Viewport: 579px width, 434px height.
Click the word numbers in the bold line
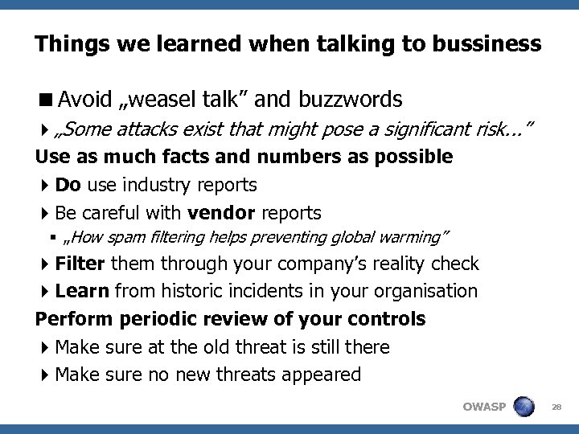pos(251,156)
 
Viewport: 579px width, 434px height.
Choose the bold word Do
pos(68,185)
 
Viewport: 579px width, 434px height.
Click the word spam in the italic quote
pos(150,238)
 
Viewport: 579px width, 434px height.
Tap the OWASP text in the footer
pos(484,406)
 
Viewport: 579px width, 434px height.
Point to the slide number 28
pos(556,407)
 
